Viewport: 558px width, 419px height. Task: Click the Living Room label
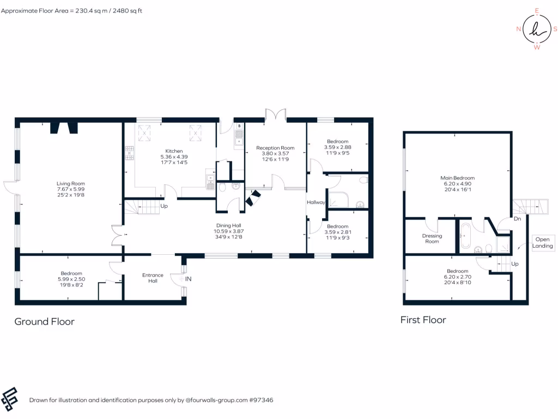point(71,184)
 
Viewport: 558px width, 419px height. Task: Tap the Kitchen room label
point(174,151)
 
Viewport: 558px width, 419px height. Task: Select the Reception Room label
point(275,148)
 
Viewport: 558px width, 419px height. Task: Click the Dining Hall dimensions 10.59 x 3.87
point(228,231)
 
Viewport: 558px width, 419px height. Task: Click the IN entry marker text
point(189,279)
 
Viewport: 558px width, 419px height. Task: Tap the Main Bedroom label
point(457,178)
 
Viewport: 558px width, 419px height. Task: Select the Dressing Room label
point(432,238)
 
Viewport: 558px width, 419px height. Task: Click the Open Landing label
point(543,243)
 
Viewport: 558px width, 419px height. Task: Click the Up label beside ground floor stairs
point(163,206)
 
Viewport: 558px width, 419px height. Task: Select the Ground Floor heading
point(44,321)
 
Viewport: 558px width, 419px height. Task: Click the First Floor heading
point(423,320)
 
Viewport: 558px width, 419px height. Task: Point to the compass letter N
point(518,29)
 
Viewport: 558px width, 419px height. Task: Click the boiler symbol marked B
point(239,125)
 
